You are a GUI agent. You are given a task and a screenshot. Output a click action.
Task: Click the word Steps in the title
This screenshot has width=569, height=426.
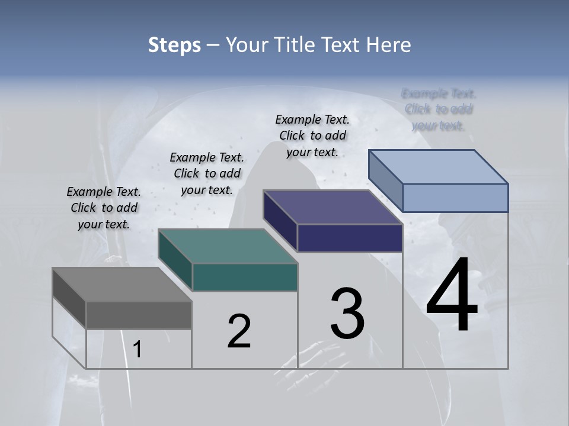point(174,45)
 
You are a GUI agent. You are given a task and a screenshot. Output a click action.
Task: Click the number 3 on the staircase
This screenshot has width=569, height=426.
point(347,313)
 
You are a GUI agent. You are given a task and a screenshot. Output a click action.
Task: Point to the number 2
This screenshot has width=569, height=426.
point(239,331)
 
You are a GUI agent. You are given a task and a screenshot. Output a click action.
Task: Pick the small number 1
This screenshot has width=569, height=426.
point(138,350)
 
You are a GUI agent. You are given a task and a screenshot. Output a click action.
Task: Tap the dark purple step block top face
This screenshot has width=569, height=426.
point(333,207)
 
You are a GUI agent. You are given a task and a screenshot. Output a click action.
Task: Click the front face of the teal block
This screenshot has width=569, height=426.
point(245,277)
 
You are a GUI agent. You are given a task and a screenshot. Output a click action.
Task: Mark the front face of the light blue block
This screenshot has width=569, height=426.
point(455,198)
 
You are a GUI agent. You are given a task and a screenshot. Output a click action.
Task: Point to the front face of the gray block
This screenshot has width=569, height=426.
point(139,315)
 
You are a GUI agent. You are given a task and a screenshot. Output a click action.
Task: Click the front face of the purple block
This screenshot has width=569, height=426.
point(350,238)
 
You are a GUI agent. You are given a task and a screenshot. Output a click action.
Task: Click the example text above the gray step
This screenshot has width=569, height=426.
point(104,208)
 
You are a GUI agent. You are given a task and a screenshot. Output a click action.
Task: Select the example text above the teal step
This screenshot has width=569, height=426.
point(207,173)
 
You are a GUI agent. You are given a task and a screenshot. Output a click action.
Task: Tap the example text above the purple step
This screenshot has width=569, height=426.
point(312,135)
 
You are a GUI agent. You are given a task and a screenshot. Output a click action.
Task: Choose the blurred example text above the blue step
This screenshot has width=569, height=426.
point(439,109)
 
